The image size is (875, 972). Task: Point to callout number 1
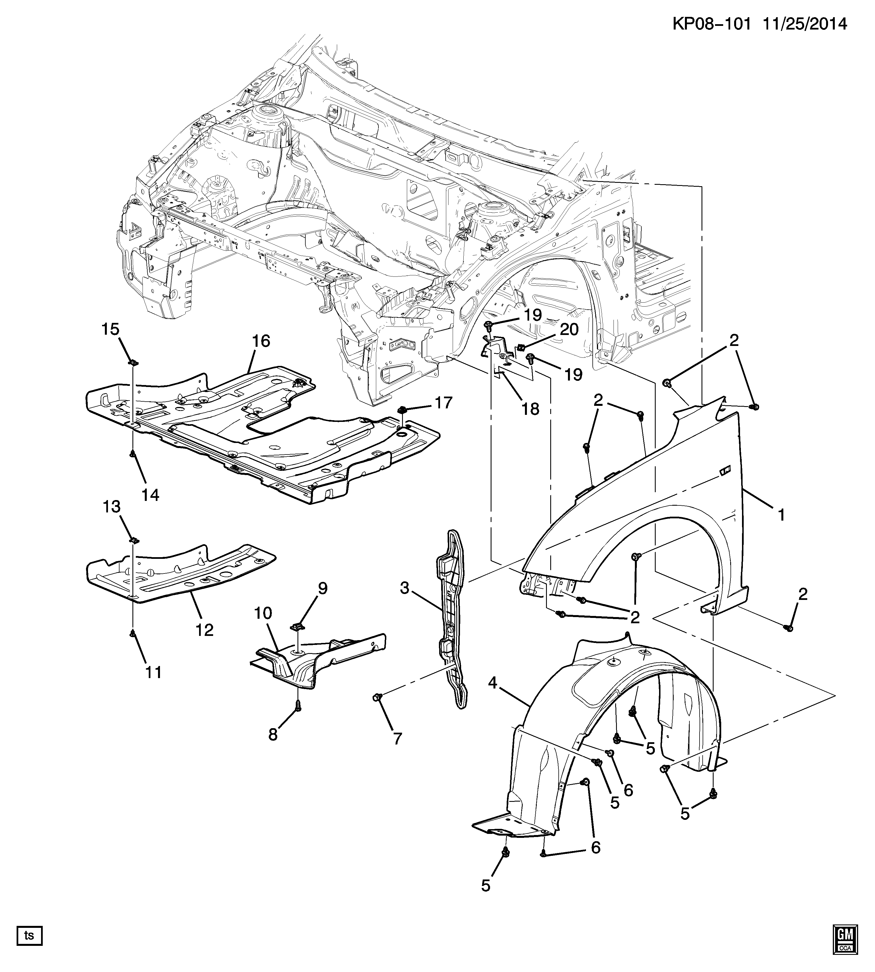(781, 515)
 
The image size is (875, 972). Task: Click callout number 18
(531, 409)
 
